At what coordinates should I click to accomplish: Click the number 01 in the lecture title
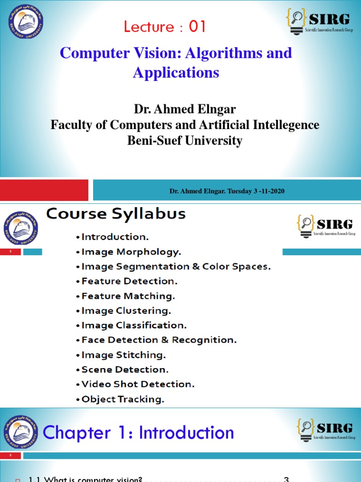coord(197,27)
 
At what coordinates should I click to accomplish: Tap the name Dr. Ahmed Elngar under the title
coord(185,110)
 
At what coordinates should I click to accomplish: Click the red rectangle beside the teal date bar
coord(44,190)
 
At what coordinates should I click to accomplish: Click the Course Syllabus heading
coord(116,214)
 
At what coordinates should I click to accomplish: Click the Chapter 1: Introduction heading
coord(138,433)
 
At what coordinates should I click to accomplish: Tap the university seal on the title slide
coord(26,26)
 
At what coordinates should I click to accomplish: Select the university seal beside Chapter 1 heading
coord(21,432)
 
